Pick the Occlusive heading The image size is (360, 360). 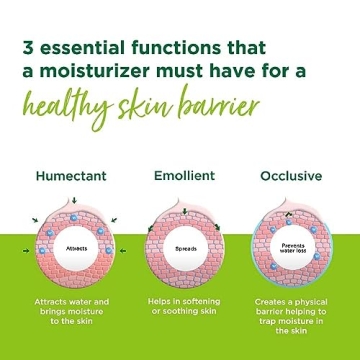tap(286, 177)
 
